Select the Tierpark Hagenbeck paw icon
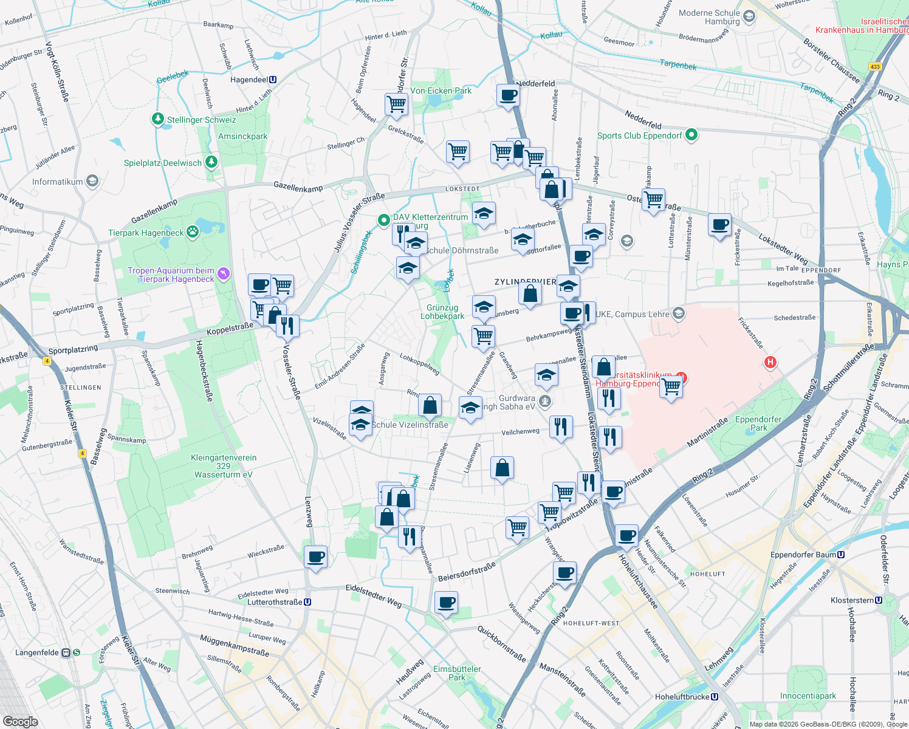tap(193, 231)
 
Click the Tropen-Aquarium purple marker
tap(224, 274)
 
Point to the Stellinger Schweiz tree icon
tap(158, 119)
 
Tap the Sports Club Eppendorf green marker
tap(691, 135)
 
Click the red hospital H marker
tap(770, 363)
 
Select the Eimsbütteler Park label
tap(457, 673)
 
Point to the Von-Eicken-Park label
tap(441, 91)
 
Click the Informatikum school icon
tap(92, 181)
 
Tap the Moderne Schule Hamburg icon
tap(749, 16)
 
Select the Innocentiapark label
tap(808, 696)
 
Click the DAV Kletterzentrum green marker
tap(383, 220)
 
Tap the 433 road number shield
tap(875, 67)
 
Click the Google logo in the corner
tap(20, 721)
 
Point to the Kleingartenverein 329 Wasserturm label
tap(224, 466)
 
